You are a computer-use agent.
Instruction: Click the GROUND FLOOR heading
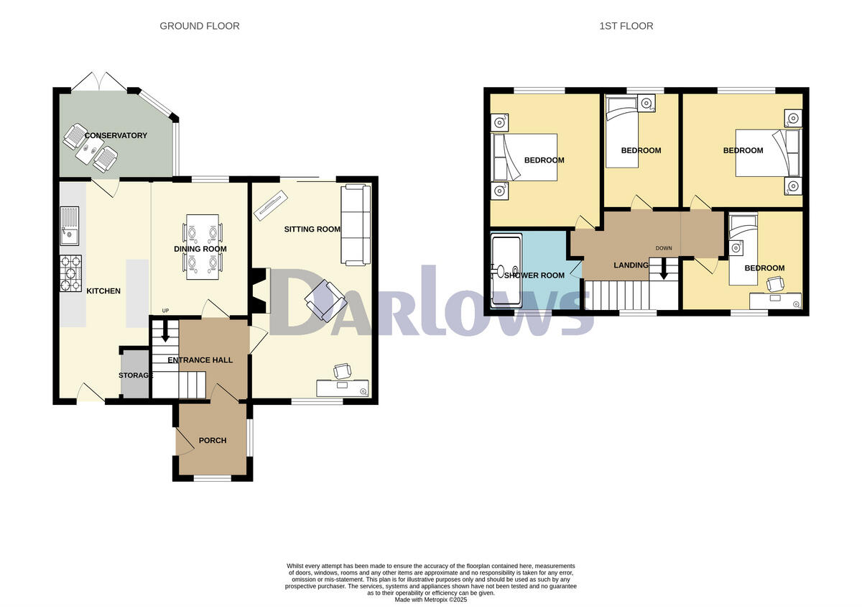coord(199,26)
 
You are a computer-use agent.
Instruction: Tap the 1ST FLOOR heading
coord(626,26)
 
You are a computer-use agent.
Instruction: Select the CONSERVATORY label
coord(116,135)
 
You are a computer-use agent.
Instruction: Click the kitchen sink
coord(70,223)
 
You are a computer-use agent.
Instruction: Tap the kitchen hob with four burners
coord(70,274)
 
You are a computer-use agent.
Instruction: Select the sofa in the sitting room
coord(356,224)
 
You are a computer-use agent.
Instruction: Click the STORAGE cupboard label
coord(135,375)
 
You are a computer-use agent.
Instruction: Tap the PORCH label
coord(213,440)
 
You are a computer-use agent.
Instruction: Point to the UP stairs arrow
coord(164,332)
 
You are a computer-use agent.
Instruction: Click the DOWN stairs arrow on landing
coord(664,270)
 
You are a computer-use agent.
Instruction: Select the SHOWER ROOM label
coord(534,275)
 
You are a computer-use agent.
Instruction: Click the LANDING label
coord(631,265)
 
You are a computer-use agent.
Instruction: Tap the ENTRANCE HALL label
coord(200,360)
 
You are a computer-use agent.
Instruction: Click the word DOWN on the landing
coord(664,249)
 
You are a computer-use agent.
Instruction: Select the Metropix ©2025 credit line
coord(431,599)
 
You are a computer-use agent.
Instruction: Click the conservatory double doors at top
coord(100,81)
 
